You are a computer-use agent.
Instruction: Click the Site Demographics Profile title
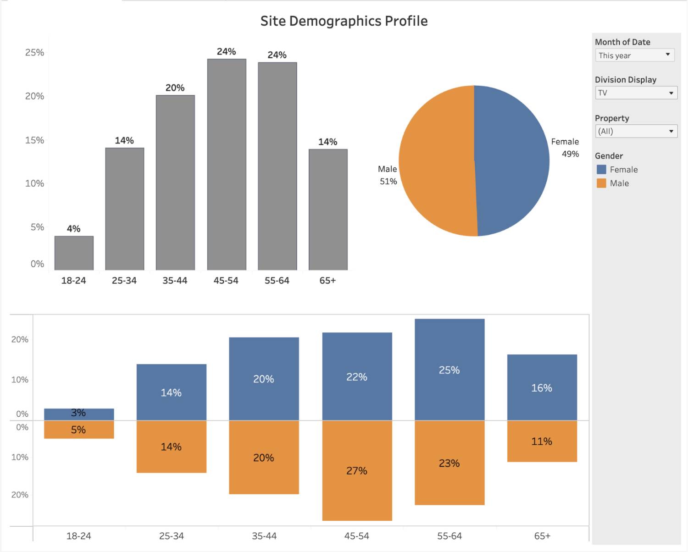[x=344, y=21]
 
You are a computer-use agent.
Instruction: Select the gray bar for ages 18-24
[x=74, y=253]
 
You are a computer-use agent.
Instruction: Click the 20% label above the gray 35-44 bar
[x=175, y=88]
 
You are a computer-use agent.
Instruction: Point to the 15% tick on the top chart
[x=35, y=140]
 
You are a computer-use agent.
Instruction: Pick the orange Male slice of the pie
[x=436, y=160]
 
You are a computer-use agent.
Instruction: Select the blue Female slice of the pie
[x=511, y=160]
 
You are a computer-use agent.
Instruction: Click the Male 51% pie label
[x=388, y=175]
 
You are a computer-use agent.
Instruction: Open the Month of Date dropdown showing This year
[x=635, y=55]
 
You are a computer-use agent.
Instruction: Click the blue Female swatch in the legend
[x=601, y=170]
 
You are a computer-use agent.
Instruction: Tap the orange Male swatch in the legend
[x=601, y=183]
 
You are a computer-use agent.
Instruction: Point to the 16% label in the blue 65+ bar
[x=542, y=388]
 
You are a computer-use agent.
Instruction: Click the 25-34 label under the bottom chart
[x=172, y=536]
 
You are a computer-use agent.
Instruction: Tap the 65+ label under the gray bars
[x=327, y=281]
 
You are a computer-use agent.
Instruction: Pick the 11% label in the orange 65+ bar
[x=542, y=442]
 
